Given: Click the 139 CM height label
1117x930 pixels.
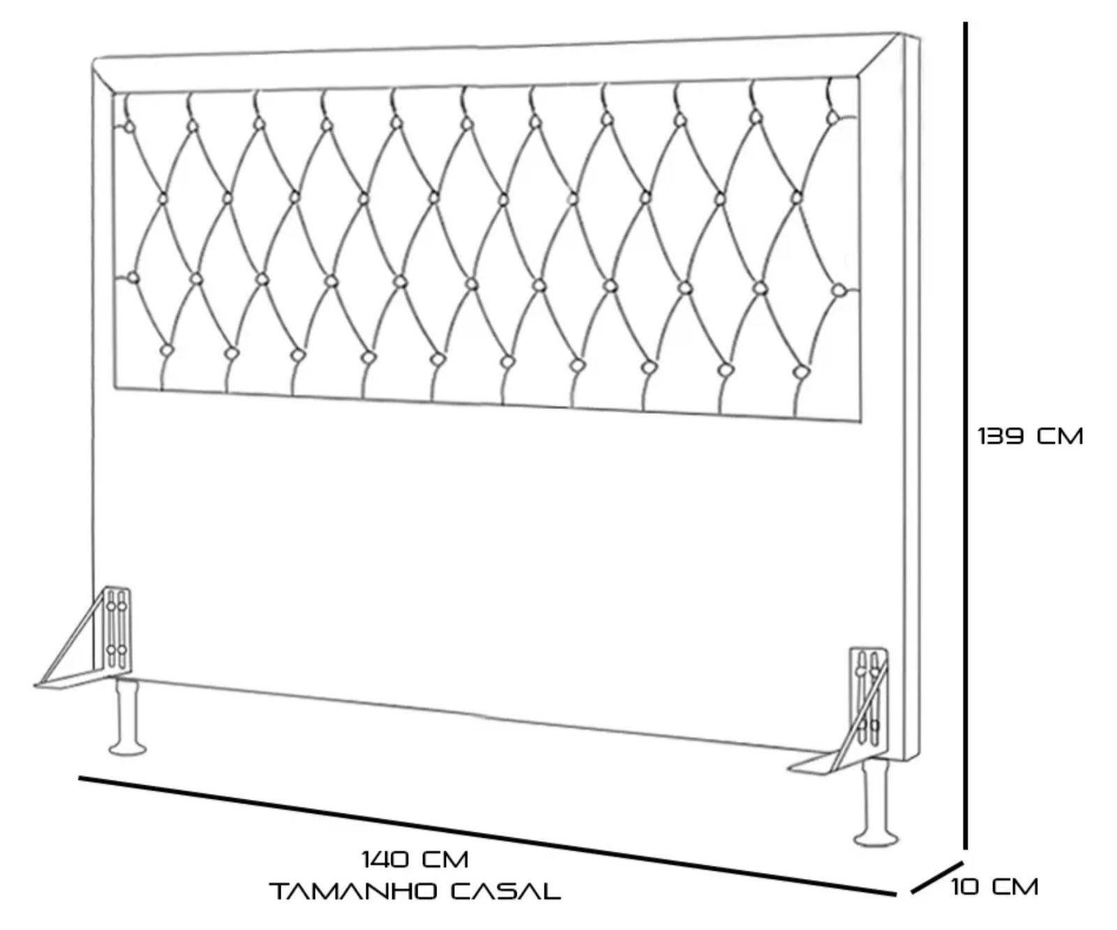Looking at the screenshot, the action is click(1030, 436).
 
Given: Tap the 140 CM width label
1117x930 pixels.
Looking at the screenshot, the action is click(415, 859).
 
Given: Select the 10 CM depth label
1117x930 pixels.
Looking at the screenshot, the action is click(994, 887).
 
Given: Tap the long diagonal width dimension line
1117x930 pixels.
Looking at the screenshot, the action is click(487, 836).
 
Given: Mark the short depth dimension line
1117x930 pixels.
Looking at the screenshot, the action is click(938, 878).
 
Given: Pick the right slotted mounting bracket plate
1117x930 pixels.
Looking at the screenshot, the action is click(868, 701).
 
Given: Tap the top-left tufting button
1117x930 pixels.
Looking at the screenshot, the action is click(128, 127).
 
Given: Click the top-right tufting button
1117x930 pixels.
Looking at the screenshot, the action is click(832, 118).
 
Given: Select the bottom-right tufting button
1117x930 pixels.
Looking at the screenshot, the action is click(801, 372).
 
